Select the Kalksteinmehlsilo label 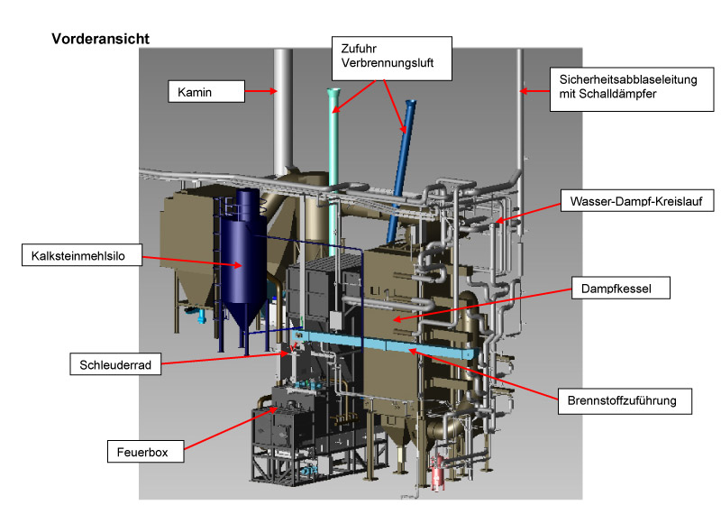(79, 256)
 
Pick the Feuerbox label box (144, 448)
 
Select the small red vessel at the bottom (439, 473)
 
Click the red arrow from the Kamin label (261, 90)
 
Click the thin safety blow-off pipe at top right (520, 108)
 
